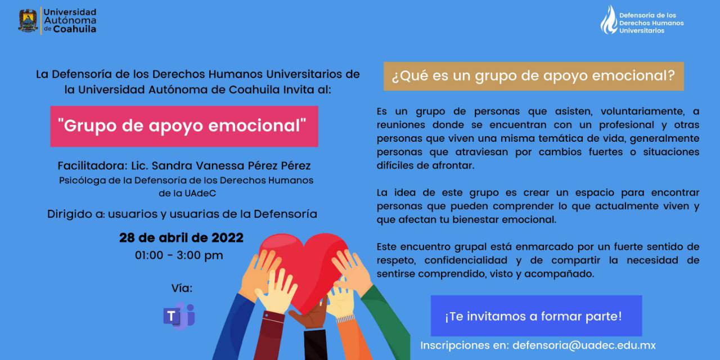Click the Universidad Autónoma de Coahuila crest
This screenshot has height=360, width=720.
tap(28, 21)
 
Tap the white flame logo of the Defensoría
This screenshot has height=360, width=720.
tap(609, 20)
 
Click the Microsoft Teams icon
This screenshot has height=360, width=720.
tap(179, 316)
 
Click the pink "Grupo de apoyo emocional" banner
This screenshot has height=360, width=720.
tap(184, 127)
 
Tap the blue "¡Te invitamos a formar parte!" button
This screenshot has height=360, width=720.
tap(536, 316)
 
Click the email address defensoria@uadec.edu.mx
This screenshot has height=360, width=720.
tap(584, 345)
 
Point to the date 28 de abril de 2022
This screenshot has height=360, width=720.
tap(181, 238)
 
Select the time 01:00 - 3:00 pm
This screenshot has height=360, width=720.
tap(179, 255)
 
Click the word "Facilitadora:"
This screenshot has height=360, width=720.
tap(93, 166)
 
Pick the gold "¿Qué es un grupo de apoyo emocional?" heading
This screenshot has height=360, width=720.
tap(534, 76)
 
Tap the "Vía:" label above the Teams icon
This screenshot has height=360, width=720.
tap(182, 289)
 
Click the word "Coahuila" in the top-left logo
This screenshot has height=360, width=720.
tap(75, 29)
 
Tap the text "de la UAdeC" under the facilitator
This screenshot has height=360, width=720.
tap(187, 193)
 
